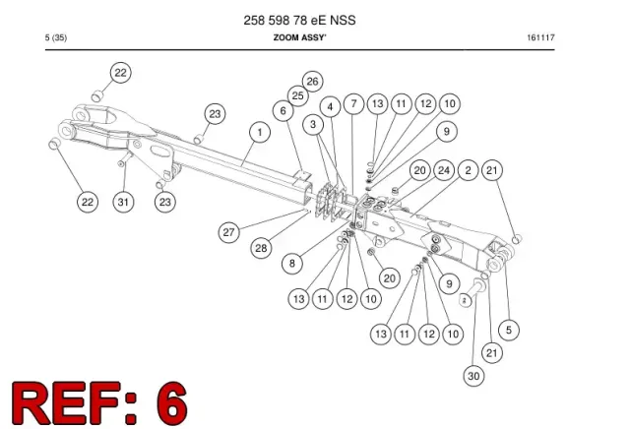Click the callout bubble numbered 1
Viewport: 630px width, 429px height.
point(260,133)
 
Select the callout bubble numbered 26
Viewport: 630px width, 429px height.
point(313,81)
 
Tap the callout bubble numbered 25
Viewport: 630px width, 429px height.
point(298,96)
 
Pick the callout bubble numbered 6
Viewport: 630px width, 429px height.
point(283,110)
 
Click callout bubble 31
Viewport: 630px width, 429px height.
point(123,202)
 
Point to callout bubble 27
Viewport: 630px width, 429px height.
point(229,232)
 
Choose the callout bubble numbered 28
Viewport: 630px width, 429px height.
point(261,248)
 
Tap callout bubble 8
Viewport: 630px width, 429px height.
point(292,264)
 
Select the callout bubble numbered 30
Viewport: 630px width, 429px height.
point(474,376)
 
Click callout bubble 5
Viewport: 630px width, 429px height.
point(509,331)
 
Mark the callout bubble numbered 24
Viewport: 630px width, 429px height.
point(444,170)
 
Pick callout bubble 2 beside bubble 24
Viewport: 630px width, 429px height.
point(469,170)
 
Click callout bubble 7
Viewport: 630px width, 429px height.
point(354,104)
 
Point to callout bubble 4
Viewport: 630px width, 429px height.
point(331,107)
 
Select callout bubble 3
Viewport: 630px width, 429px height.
point(313,125)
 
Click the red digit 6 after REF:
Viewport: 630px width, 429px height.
point(172,402)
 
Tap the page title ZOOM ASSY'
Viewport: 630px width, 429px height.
point(299,37)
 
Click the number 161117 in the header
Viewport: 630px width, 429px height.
point(540,37)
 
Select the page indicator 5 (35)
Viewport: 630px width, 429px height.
point(56,37)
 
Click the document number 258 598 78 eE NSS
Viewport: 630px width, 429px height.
point(299,20)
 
